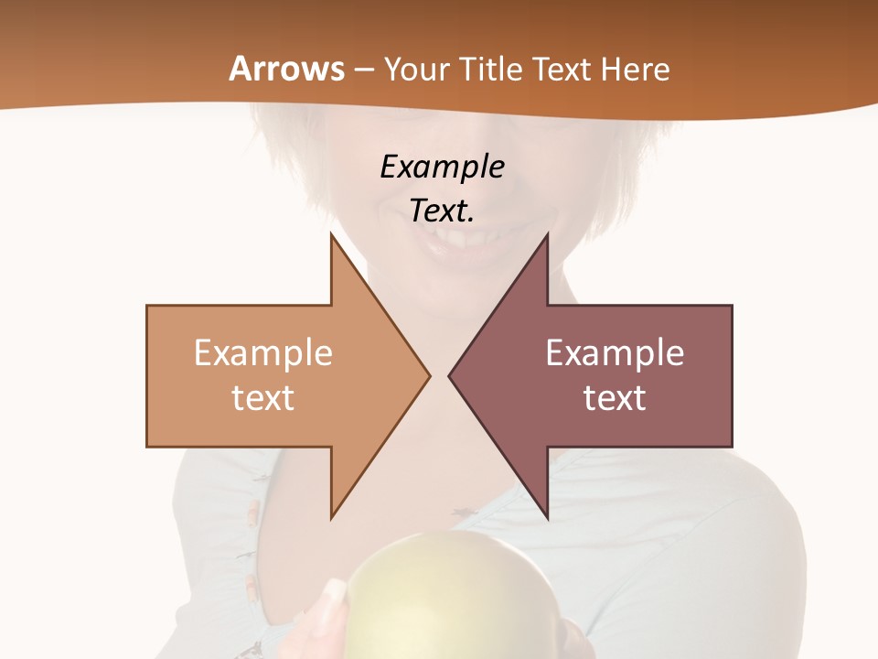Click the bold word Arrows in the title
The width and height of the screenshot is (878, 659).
287,69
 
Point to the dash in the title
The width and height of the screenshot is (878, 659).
364,70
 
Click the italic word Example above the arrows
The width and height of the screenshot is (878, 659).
442,167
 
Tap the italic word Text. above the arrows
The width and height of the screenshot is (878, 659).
442,211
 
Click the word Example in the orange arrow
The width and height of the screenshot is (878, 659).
263,352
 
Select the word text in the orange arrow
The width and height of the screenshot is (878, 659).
263,397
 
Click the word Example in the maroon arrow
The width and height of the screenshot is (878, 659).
615,352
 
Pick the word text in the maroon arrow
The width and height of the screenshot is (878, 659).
615,397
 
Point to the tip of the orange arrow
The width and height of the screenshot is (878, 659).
429,375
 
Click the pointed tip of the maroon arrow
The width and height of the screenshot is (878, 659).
449,375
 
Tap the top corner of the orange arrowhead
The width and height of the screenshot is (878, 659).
331,234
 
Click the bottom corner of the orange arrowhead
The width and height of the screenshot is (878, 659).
331,518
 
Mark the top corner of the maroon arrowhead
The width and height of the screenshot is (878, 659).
547,234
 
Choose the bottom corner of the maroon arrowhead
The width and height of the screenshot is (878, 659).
547,518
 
